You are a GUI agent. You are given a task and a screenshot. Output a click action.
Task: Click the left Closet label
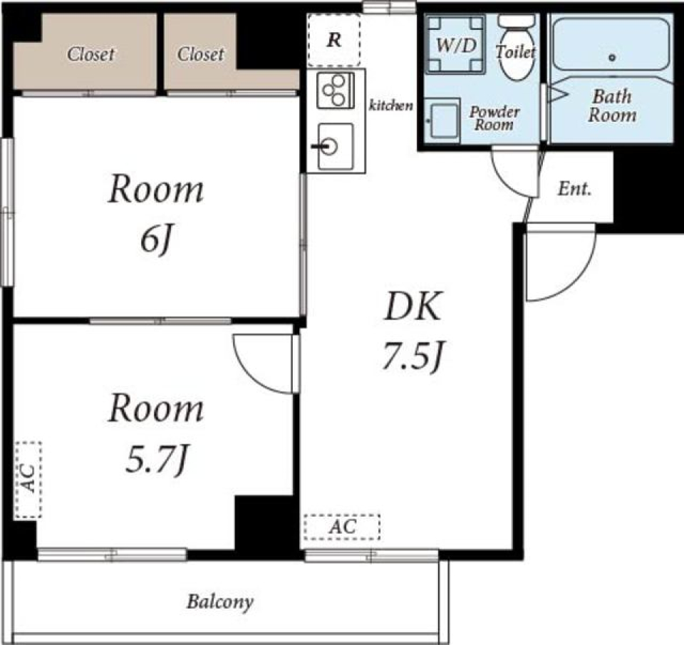tap(90, 54)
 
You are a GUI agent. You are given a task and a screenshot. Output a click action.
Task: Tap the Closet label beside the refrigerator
tap(201, 54)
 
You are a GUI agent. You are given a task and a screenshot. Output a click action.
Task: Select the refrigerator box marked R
tap(333, 40)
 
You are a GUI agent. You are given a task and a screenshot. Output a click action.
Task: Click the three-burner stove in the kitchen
tap(336, 91)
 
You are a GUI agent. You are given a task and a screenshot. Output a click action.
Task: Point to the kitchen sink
tap(335, 146)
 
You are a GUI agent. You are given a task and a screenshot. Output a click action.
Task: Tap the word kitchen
tap(391, 105)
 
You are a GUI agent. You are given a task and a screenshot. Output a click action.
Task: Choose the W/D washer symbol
tap(455, 44)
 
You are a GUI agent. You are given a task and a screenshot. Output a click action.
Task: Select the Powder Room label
tap(494, 118)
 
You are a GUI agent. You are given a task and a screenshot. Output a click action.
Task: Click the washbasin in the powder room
tap(442, 120)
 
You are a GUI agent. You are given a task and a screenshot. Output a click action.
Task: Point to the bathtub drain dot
tap(612, 57)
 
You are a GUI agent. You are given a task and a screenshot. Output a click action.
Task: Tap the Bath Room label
tap(612, 105)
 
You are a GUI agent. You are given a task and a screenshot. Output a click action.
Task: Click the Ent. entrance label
tap(575, 189)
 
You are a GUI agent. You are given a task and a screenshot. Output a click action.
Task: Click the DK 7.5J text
tap(413, 331)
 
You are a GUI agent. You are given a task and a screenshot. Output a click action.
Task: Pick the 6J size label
tap(155, 240)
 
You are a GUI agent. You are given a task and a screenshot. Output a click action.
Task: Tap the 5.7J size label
tap(157, 459)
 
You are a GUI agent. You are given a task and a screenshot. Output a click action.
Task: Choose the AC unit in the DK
tap(342, 527)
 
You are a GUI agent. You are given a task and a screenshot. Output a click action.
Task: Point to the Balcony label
tap(220, 602)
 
